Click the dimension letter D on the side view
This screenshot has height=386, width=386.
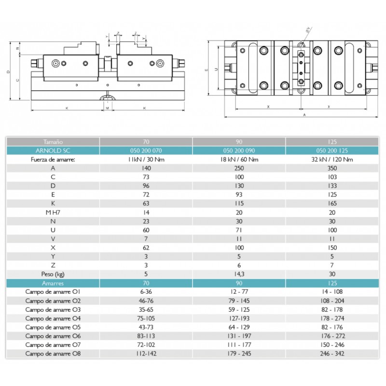click(8, 72)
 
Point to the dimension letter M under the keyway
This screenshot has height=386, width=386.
click(107, 108)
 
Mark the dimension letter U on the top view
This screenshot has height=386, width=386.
click(216, 69)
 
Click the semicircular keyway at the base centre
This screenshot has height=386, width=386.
click(107, 98)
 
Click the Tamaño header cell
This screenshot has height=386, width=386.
click(53, 142)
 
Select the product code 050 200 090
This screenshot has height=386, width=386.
click(239, 151)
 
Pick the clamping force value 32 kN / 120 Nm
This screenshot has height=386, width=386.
click(332, 160)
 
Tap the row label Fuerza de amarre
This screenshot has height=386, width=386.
click(53, 160)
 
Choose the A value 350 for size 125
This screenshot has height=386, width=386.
click(332, 168)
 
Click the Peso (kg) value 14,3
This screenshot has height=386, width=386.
click(239, 274)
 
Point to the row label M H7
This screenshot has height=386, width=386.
click(53, 212)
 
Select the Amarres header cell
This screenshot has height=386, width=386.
click(53, 283)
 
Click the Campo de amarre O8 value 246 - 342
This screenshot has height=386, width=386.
click(332, 354)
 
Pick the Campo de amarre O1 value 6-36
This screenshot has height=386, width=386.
click(146, 292)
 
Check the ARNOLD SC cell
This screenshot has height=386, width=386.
click(53, 151)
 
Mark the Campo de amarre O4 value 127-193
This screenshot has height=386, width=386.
click(239, 318)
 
